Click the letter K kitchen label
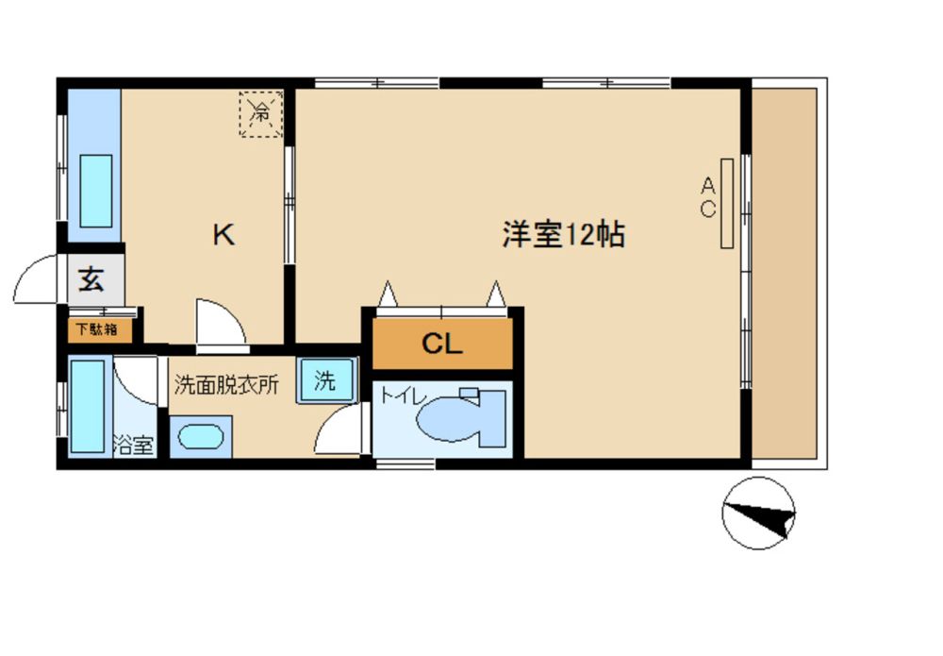click(x=223, y=234)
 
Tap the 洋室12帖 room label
click(x=564, y=234)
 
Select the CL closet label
click(x=442, y=344)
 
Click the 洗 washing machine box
click(x=326, y=380)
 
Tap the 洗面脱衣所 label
click(x=226, y=384)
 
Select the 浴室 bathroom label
click(x=134, y=446)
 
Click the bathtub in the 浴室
click(x=88, y=406)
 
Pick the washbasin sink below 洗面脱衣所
click(x=201, y=436)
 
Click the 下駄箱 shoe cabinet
click(x=99, y=329)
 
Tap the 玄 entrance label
click(x=91, y=279)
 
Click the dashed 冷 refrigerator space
click(x=261, y=114)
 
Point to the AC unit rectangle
click(x=726, y=204)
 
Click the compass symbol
click(x=758, y=513)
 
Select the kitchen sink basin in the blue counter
click(x=96, y=191)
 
